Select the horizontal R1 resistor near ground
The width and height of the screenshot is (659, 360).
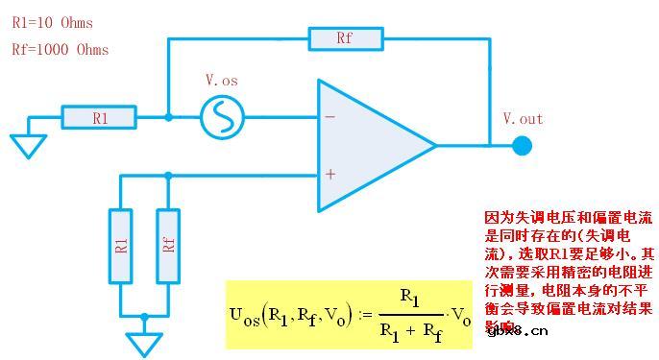pos(100,118)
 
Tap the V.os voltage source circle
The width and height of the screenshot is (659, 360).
pos(222,118)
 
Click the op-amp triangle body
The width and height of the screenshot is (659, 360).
pos(370,146)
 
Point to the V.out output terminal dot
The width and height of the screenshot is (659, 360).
pos(522,146)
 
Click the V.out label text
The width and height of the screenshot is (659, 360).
pos(523,119)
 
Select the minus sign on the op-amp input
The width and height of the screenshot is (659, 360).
pos(330,117)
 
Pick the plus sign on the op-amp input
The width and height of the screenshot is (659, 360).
pos(330,175)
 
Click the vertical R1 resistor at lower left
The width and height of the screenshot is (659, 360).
pos(120,245)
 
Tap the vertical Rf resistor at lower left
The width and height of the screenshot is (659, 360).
pos(168,245)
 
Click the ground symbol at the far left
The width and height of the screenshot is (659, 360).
pos(29,145)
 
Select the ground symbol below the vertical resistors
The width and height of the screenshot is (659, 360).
pos(144,343)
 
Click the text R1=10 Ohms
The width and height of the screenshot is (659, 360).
pos(52,22)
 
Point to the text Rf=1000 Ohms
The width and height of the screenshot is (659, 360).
pos(60,49)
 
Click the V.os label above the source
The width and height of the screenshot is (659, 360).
pos(222,82)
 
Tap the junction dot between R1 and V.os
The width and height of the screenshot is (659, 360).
pos(168,118)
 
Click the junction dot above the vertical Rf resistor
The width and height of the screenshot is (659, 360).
pos(168,175)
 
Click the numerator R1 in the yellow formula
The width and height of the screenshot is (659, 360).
pos(409,299)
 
